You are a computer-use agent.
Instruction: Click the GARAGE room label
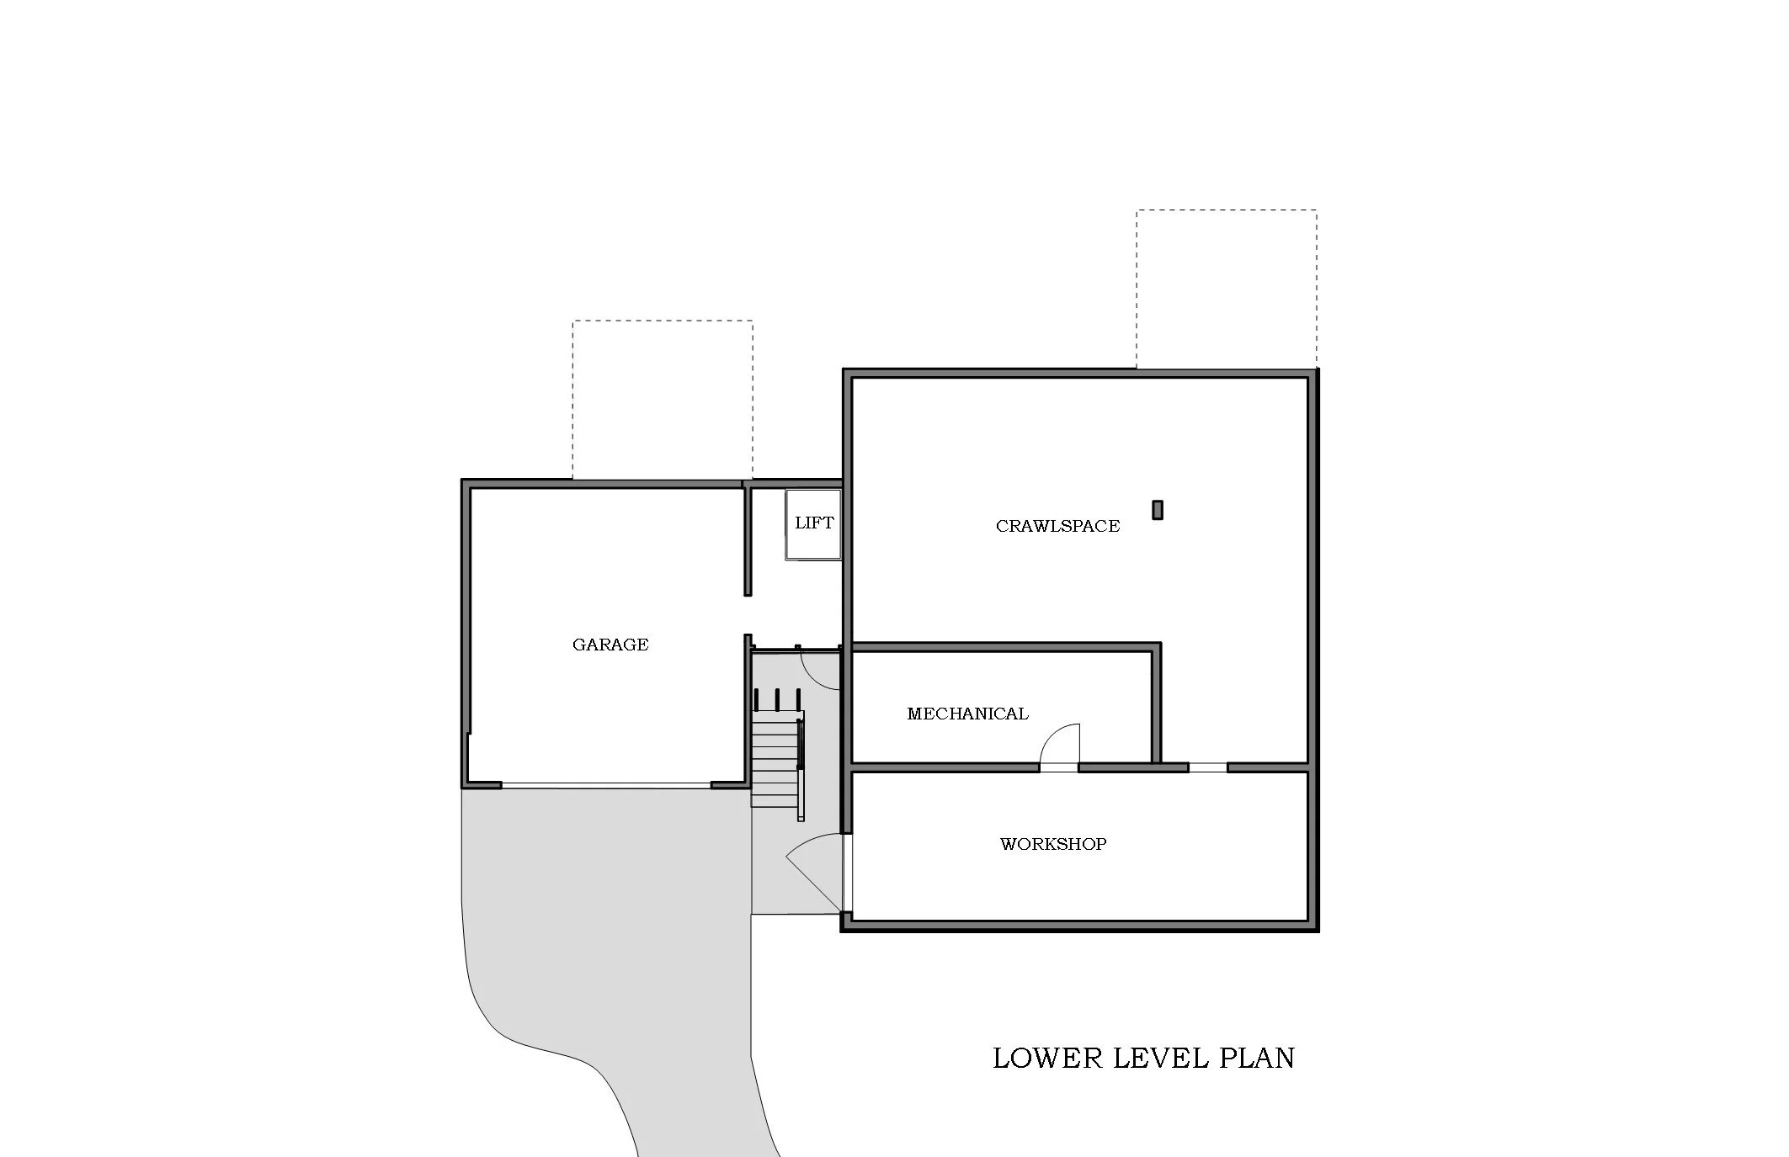point(610,645)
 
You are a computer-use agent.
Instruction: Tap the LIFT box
point(813,523)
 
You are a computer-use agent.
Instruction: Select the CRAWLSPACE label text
point(1057,526)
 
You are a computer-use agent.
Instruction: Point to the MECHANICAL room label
point(967,714)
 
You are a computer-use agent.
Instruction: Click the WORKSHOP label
point(1052,844)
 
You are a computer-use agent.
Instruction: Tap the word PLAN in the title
point(1257,1059)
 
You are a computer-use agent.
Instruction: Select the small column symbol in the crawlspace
point(1158,510)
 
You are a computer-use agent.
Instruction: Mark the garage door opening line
point(606,786)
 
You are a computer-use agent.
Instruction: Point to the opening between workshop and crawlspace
point(1208,767)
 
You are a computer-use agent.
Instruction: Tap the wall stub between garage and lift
point(748,539)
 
